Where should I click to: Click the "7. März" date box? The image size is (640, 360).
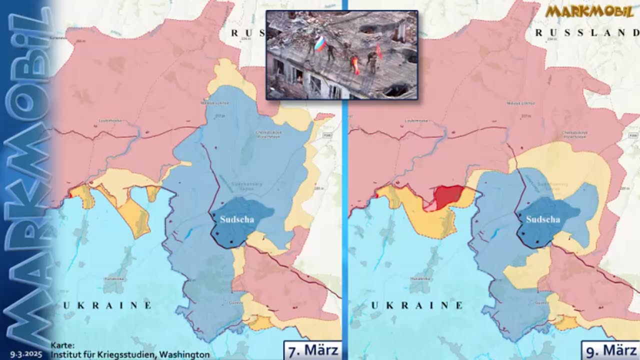312,350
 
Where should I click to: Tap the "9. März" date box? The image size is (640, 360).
610,350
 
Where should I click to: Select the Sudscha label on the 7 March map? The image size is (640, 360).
237,219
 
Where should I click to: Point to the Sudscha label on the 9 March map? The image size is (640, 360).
543,219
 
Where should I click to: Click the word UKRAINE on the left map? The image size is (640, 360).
107,305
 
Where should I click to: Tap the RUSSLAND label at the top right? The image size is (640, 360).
587,32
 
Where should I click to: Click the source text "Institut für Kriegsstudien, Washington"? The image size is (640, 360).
130,354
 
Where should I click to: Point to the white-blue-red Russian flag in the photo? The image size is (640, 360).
320,43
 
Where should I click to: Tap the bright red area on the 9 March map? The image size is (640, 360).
448,196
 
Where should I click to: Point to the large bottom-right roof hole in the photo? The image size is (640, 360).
397,90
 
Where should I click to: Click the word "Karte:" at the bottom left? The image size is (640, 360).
62,345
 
